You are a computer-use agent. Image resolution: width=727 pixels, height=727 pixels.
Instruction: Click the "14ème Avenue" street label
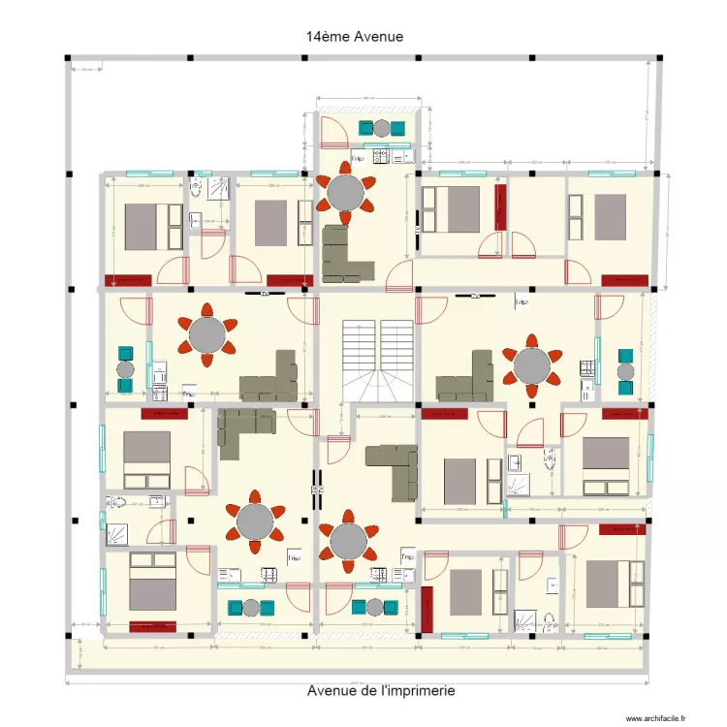point(354,36)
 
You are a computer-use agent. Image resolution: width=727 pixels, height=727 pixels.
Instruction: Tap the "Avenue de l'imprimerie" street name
point(381,691)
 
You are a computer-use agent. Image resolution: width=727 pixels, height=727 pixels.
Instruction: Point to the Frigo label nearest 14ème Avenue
point(358,157)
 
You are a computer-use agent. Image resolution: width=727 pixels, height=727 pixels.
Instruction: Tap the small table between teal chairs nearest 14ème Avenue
point(382,127)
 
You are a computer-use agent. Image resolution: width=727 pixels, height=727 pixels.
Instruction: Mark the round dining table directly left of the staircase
point(206,335)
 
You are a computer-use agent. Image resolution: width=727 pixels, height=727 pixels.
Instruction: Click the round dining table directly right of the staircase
point(530,366)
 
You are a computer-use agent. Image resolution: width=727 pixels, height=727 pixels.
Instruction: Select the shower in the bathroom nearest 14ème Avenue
point(219,187)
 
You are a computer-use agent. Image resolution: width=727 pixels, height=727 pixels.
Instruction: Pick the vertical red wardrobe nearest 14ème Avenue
point(501,207)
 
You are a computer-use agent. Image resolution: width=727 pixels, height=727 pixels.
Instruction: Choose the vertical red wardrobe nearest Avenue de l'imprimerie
point(427,608)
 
